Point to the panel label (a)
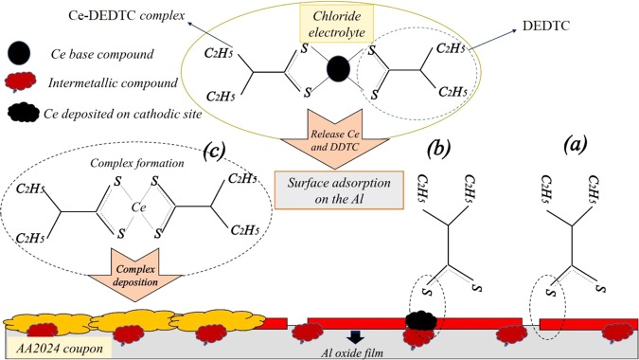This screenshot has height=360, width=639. (577, 146)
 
